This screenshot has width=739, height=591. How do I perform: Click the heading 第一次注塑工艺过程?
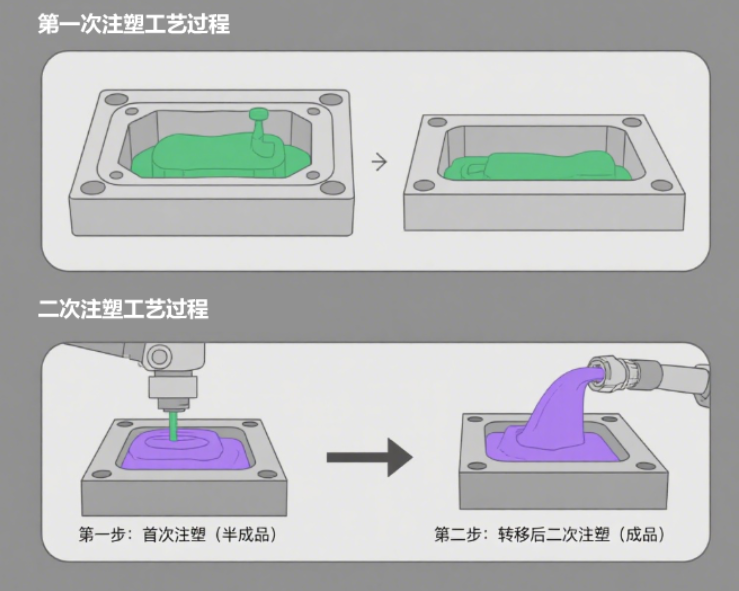pyautogui.click(x=133, y=23)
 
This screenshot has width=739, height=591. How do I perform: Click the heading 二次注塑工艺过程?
pyautogui.click(x=122, y=309)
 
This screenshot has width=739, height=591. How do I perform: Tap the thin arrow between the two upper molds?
pyautogui.click(x=379, y=161)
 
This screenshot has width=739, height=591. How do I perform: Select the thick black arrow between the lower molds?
pyautogui.click(x=369, y=459)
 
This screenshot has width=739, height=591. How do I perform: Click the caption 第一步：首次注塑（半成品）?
pyautogui.click(x=178, y=534)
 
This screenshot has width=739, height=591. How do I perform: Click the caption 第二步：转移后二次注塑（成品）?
pyautogui.click(x=549, y=534)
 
